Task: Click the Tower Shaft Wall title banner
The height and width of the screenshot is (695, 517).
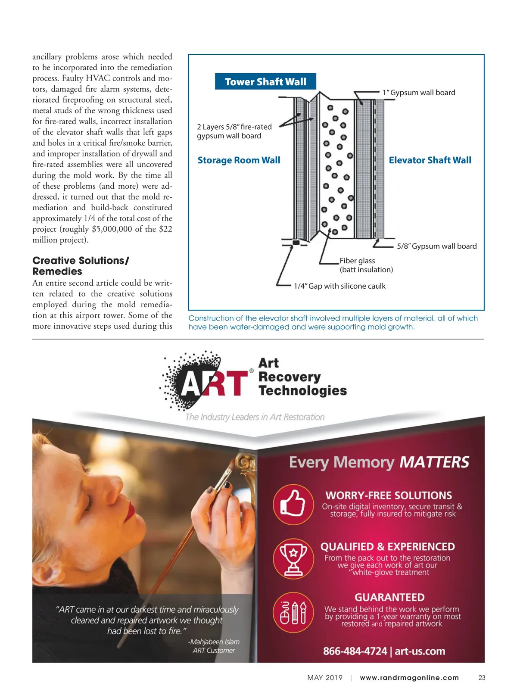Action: pos(265,81)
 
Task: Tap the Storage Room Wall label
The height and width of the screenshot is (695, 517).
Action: pos(239,160)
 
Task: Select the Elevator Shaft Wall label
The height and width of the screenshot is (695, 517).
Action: pos(430,160)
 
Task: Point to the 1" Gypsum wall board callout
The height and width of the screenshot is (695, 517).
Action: pos(418,93)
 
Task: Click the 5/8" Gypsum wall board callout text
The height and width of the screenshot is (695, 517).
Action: pos(436,246)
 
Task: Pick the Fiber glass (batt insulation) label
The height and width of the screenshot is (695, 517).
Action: pos(366,265)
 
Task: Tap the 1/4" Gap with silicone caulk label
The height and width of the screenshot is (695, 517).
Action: pos(339,286)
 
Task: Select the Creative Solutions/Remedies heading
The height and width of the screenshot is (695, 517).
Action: pos(81,266)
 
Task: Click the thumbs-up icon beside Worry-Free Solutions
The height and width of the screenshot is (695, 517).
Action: pos(293,504)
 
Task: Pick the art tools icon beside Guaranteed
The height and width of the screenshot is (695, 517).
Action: pos(293,612)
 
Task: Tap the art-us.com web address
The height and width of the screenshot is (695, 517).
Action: pos(420,651)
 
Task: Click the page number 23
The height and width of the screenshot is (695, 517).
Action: pos(482,678)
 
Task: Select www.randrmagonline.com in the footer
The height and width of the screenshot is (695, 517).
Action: pos(409,678)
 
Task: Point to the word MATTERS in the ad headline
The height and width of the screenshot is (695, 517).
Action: pos(434,462)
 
